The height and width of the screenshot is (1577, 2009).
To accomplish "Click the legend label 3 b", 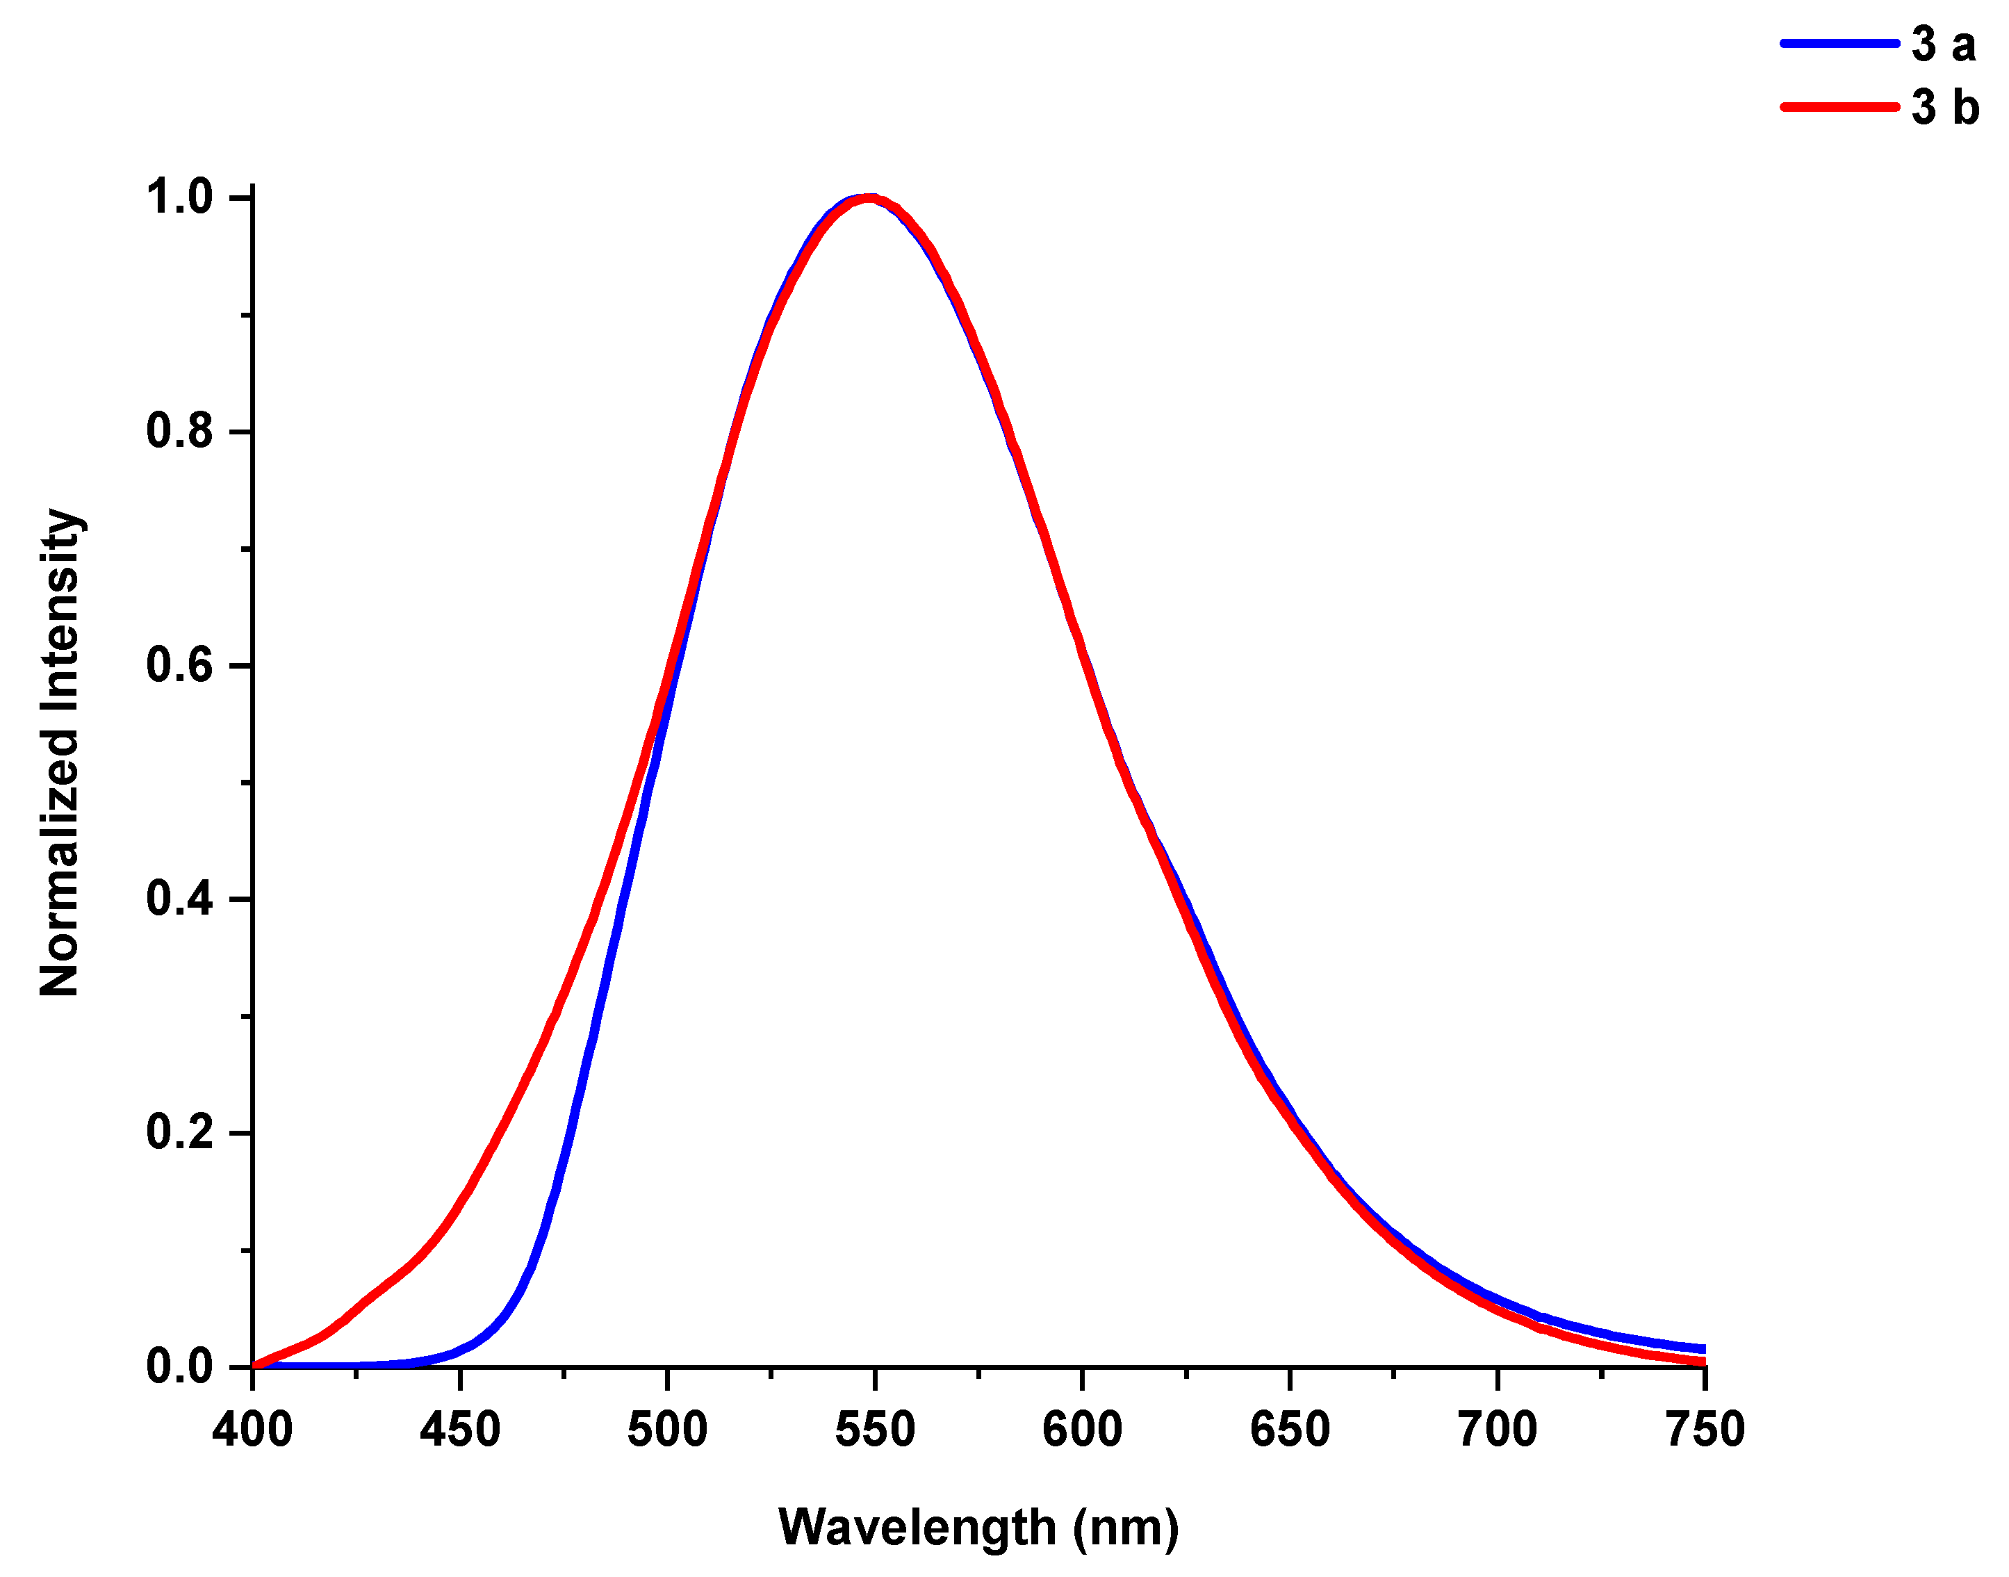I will pyautogui.click(x=1944, y=107).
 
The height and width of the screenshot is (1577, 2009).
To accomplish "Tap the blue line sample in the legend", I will pyautogui.click(x=1838, y=43).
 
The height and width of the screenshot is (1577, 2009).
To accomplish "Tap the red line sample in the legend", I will pyautogui.click(x=1838, y=107).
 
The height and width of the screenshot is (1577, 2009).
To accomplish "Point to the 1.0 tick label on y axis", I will pyautogui.click(x=179, y=197).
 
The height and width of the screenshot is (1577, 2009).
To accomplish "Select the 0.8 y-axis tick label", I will pyautogui.click(x=179, y=431).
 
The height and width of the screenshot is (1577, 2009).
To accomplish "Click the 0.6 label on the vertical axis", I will pyautogui.click(x=179, y=664).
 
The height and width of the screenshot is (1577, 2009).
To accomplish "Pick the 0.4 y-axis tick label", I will pyautogui.click(x=179, y=899).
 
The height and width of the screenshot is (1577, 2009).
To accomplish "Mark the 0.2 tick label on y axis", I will pyautogui.click(x=179, y=1132).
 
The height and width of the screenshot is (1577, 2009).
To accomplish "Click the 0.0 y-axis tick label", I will pyautogui.click(x=179, y=1366).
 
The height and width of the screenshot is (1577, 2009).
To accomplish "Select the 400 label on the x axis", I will pyautogui.click(x=252, y=1429).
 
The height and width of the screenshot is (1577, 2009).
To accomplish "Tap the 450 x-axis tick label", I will pyautogui.click(x=460, y=1429).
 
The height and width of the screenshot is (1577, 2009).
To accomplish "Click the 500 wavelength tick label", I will pyautogui.click(x=666, y=1429).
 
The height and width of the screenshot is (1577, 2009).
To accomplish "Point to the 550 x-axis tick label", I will pyautogui.click(x=874, y=1429).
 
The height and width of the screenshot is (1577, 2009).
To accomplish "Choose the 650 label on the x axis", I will pyautogui.click(x=1290, y=1429).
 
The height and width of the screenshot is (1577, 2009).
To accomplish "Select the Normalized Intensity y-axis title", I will pyautogui.click(x=61, y=753).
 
